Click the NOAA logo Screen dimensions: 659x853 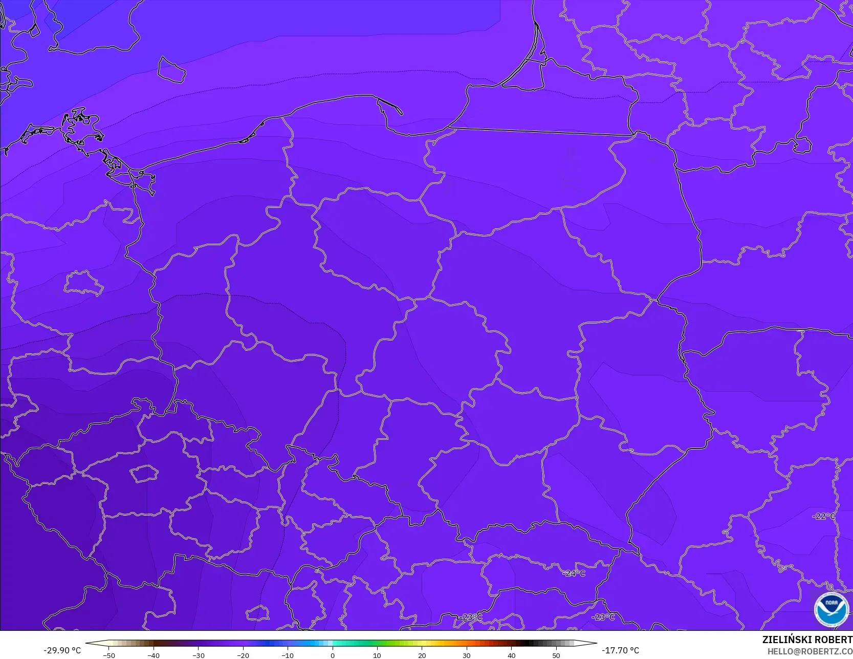831,609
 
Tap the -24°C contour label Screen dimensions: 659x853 574,573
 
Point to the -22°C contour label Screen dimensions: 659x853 824,516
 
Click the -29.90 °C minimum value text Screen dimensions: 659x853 62,650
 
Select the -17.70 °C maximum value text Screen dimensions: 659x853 620,650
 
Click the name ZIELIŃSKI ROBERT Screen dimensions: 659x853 807,640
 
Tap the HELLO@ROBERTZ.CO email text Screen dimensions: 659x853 810,651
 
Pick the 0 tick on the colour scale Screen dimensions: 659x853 332,655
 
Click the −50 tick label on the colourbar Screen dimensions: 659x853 109,655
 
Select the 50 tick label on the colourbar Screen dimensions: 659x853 556,655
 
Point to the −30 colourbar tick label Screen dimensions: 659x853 199,655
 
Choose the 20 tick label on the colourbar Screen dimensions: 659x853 422,655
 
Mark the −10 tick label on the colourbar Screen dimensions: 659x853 288,655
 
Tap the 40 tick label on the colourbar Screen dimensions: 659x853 511,655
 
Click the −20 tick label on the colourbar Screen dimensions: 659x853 243,655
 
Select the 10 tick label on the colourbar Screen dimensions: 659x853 377,655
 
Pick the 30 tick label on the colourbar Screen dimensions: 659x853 466,655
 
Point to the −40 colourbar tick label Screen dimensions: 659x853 154,655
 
